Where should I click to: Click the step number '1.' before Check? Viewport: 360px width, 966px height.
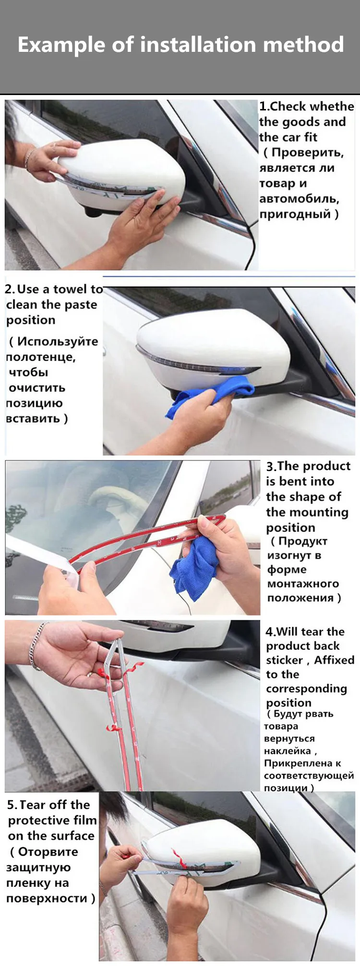click(x=264, y=106)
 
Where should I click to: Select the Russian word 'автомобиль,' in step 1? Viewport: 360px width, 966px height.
click(x=299, y=199)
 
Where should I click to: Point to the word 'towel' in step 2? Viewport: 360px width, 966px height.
click(x=72, y=289)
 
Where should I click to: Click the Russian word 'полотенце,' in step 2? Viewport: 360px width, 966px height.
click(x=41, y=357)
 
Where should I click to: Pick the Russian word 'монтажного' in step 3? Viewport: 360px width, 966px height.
click(x=303, y=584)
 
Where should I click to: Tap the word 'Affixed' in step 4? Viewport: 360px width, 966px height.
click(x=334, y=660)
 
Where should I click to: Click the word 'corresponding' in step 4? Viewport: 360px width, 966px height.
click(x=306, y=689)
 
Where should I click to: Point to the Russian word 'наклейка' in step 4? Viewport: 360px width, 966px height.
click(x=287, y=751)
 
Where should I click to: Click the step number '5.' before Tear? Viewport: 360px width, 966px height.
click(x=12, y=805)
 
